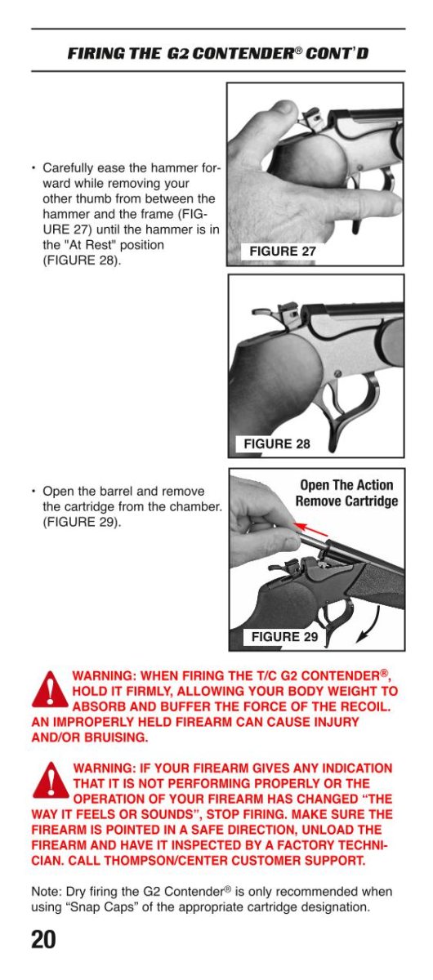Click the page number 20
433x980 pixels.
[43, 939]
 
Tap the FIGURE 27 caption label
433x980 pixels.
[283, 252]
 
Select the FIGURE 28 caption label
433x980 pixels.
[277, 443]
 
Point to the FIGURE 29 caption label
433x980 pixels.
[284, 636]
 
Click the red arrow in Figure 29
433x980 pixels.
[310, 529]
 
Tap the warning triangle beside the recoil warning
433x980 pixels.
[51, 689]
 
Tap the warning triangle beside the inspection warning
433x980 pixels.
[51, 780]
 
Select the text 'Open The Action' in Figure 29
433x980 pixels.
[346, 485]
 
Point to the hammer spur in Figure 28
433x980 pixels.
[262, 312]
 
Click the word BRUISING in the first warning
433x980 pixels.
[116, 737]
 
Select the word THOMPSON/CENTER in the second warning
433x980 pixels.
[166, 861]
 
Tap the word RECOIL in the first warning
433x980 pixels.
[367, 707]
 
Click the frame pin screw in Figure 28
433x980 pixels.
[337, 374]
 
